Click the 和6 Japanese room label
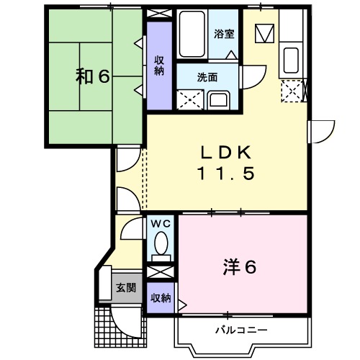coord(93,76)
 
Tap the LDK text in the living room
coord(225,153)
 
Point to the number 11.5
coord(225,174)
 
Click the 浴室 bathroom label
coord(224,32)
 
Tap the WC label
coord(161,224)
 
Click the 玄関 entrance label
coord(125,288)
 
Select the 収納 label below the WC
coord(160,298)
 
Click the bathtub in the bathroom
coord(192,34)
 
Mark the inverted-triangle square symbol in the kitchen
coord(264,33)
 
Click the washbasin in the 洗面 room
coord(217,99)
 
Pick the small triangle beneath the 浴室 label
coord(230,55)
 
